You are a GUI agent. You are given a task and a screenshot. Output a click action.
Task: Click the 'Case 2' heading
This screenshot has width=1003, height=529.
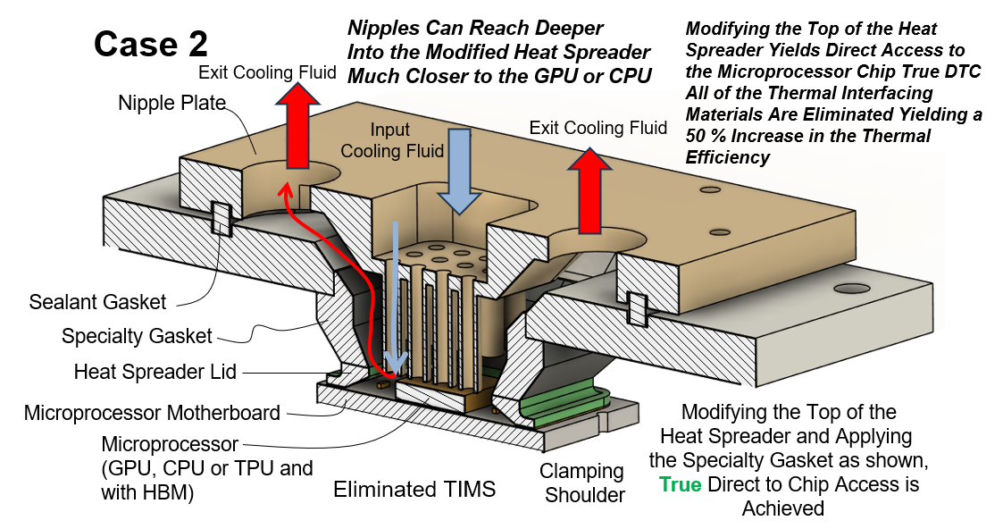tap(151, 43)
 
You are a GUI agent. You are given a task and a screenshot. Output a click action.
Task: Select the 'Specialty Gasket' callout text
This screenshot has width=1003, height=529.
tap(137, 336)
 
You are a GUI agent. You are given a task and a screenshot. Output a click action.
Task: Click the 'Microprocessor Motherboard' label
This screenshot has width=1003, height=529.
tap(152, 413)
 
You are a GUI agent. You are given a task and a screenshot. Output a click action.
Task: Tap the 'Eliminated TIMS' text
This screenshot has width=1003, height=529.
tap(414, 489)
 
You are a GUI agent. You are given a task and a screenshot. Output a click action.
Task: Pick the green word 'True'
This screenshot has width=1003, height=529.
tap(680, 484)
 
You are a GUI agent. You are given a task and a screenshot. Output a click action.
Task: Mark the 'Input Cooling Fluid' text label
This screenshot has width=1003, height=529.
tap(391, 140)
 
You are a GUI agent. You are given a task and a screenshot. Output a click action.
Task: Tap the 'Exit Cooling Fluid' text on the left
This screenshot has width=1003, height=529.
tap(267, 72)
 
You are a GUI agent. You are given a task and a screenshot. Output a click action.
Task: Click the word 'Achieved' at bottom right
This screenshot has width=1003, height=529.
tap(782, 508)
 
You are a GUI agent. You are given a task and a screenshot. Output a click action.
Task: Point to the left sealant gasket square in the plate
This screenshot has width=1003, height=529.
tap(219, 217)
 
